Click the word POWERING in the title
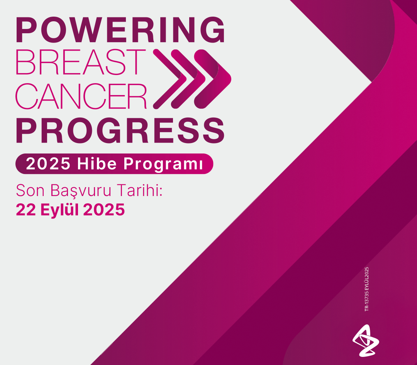(120, 30)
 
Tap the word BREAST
(81, 62)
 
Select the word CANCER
(81, 96)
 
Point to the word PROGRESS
(120, 131)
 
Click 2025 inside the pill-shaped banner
(48, 164)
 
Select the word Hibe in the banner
(97, 164)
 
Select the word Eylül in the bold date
(59, 210)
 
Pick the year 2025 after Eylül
(104, 210)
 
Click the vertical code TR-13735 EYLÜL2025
(366, 289)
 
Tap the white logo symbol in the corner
(366, 341)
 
